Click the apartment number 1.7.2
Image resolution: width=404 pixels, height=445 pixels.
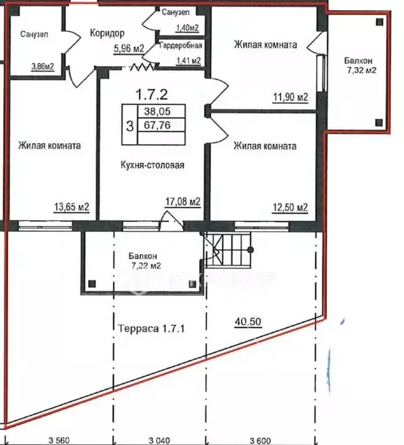[152, 94]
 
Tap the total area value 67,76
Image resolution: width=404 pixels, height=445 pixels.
[157, 125]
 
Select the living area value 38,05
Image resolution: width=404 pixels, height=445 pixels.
[157, 111]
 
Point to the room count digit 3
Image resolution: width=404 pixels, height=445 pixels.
[130, 126]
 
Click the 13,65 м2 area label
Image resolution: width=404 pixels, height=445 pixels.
[71, 207]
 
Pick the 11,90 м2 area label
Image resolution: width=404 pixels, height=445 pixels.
[291, 97]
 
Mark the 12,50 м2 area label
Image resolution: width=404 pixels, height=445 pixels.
[290, 208]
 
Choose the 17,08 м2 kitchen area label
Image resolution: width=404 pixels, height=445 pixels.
[183, 202]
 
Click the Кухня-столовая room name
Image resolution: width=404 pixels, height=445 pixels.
[153, 165]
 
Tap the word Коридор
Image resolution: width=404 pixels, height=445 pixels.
[107, 33]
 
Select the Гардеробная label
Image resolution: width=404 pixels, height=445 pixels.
[181, 45]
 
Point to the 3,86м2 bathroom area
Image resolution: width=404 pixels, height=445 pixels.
[42, 67]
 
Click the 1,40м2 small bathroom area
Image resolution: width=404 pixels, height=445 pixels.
[187, 28]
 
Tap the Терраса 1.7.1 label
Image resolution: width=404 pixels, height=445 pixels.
[151, 329]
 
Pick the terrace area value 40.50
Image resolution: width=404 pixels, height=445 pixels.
[248, 322]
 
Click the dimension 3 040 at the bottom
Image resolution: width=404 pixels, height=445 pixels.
[159, 441]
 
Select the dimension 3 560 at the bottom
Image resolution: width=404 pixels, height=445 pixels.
[59, 441]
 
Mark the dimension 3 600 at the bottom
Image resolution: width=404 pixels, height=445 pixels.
[260, 441]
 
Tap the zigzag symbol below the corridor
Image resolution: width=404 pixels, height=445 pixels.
[142, 67]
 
